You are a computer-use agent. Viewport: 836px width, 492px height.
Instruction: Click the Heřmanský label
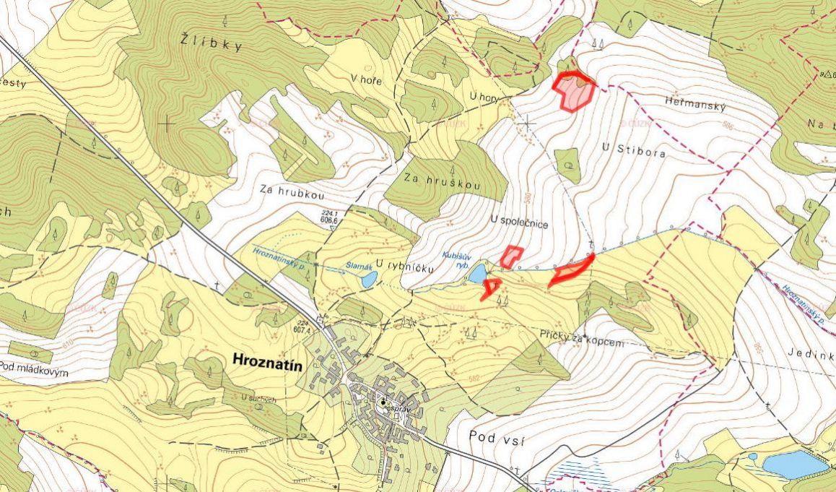695,105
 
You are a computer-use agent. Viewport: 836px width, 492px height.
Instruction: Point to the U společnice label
518,224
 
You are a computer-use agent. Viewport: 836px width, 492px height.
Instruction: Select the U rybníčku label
404,267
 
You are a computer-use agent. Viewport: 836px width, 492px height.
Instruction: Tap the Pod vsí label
497,436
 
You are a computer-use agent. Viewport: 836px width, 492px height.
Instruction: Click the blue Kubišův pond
477,273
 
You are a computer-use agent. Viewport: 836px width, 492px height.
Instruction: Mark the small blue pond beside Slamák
368,279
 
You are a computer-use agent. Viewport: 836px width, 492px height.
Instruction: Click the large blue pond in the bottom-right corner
796,463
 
